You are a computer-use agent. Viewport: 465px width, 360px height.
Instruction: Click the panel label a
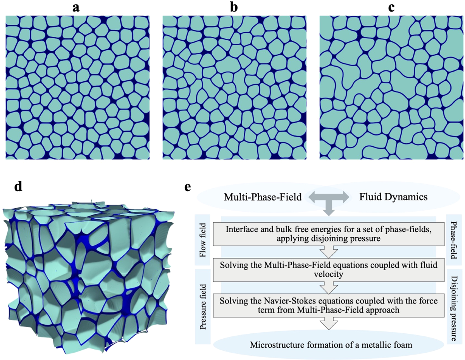(x=76, y=7)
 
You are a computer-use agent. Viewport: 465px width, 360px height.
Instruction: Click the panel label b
(x=234, y=7)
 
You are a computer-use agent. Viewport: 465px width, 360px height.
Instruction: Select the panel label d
(x=18, y=188)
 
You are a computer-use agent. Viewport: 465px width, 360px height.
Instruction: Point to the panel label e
(x=188, y=188)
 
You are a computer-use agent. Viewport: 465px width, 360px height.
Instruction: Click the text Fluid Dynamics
(x=392, y=197)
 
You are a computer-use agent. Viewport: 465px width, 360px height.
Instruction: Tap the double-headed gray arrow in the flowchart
(x=328, y=197)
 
